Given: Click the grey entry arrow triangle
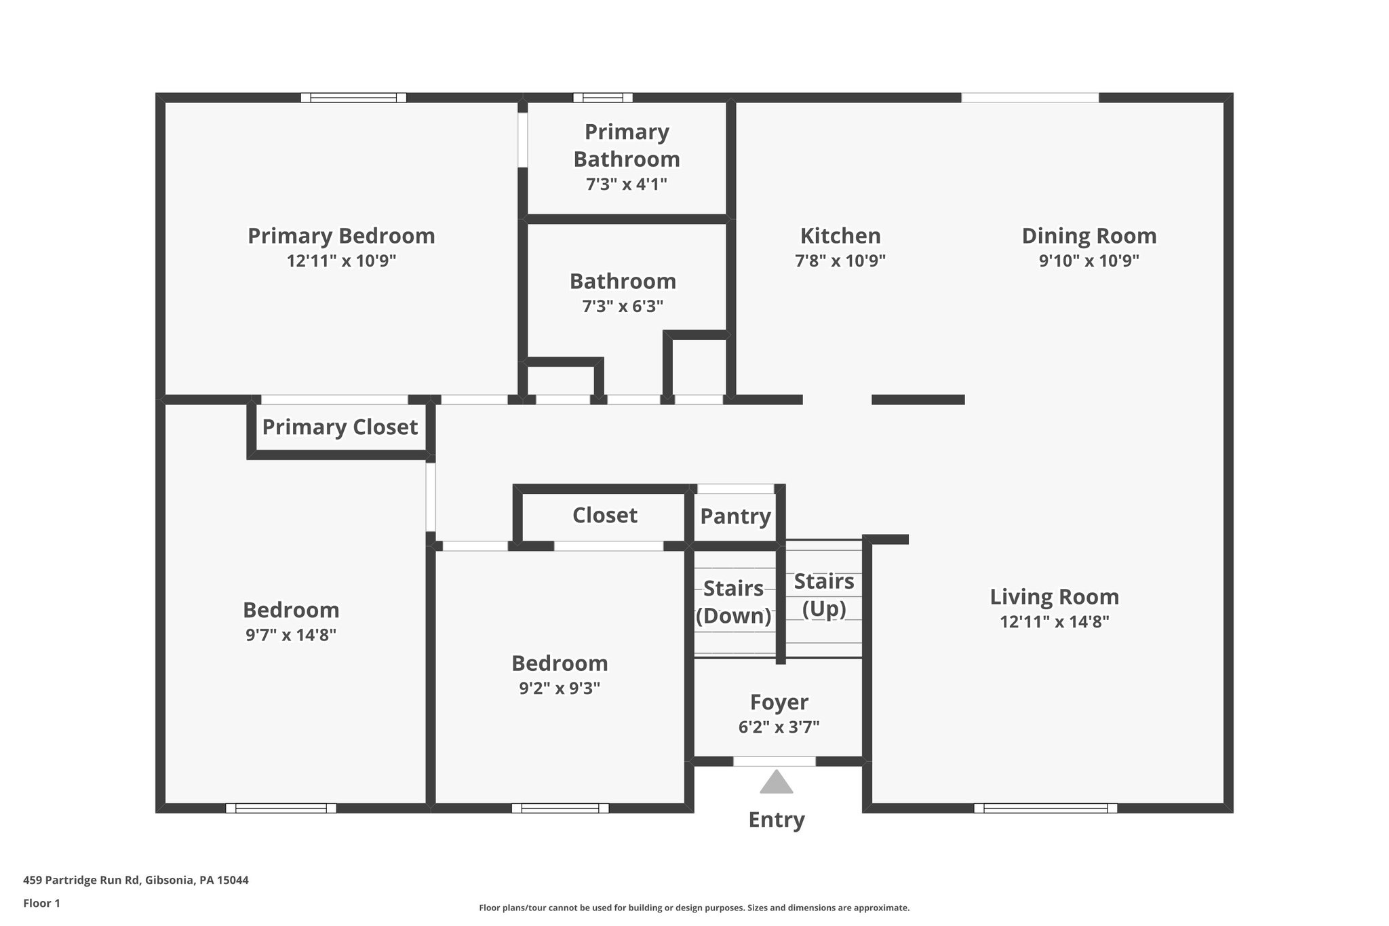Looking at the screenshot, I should pos(776,782).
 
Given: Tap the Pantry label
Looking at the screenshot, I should pos(735,516).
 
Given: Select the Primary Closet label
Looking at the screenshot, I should pos(340,427).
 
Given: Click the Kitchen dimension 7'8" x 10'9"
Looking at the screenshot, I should pos(840,261).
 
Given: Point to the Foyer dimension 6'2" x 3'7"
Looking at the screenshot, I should pos(779,727).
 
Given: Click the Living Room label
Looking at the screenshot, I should pos(1054,597).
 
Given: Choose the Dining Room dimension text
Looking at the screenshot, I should pos(1089,261).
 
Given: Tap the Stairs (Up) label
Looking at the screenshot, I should pos(824,595).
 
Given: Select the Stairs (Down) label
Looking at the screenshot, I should pos(733,602).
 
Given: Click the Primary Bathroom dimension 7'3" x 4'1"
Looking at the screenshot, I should pos(626,184).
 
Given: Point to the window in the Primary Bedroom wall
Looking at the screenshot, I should pos(353,98).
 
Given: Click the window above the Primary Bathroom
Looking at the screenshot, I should pos(602,98).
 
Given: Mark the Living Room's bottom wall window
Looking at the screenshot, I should pos(1045,808).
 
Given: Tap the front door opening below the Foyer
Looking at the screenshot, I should pos(775,761).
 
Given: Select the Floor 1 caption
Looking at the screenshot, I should pos(41,904).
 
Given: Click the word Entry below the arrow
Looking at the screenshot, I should pos(776,820).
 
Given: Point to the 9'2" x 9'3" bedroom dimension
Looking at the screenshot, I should pos(560,689).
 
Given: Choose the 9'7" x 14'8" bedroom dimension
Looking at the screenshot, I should pos(291,636).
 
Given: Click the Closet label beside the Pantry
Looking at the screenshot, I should pos(604,516).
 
